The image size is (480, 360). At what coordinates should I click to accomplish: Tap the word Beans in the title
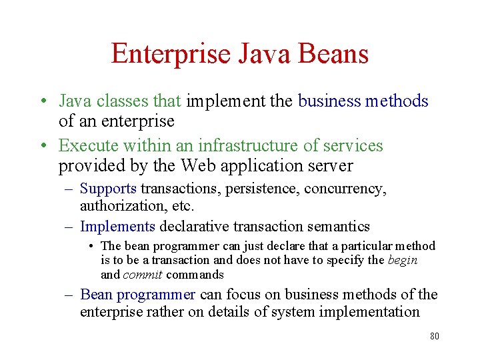tap(333, 54)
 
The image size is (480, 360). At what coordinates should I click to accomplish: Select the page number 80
tap(434, 336)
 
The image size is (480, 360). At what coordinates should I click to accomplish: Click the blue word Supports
tap(108, 189)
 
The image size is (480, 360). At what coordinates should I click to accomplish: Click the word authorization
tap(118, 206)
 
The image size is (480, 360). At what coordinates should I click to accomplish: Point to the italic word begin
tap(402, 260)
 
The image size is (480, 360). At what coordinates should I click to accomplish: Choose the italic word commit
tap(143, 275)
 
